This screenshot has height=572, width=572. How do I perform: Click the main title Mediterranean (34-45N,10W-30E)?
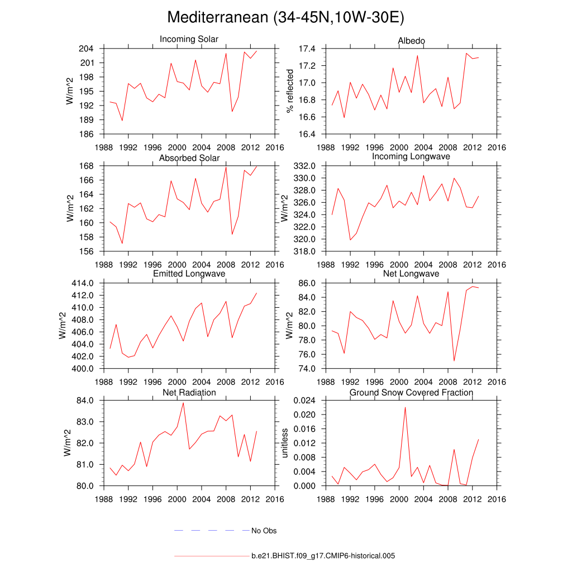[x=285, y=18]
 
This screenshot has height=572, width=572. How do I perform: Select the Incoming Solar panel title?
[x=189, y=39]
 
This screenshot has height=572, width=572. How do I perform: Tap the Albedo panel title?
[x=411, y=41]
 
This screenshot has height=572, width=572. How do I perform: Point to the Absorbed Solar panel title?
[x=189, y=158]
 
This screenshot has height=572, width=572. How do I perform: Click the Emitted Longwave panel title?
[x=189, y=274]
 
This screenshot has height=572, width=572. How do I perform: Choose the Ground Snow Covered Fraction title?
[x=411, y=393]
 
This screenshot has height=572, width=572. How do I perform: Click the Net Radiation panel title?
[x=189, y=393]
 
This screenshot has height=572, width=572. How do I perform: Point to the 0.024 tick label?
[x=305, y=401]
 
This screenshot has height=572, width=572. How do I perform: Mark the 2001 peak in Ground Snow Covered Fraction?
[x=405, y=407]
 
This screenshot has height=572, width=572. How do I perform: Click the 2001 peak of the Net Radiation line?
[x=183, y=403]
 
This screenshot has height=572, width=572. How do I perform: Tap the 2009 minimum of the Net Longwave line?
[x=454, y=361]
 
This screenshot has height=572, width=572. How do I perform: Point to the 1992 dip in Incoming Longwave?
[x=350, y=240]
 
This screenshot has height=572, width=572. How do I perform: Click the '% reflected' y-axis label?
[x=290, y=91]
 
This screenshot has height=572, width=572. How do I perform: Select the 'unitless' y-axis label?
[x=285, y=443]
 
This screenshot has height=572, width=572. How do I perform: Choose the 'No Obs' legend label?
[x=264, y=531]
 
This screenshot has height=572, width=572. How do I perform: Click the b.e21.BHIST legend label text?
[x=323, y=556]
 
